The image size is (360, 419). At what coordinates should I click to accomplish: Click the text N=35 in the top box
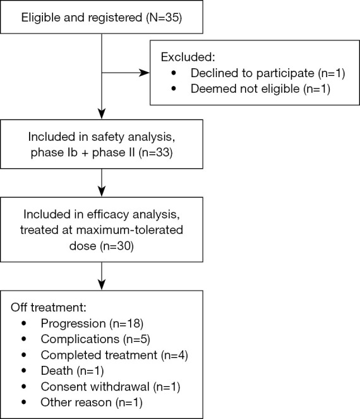click(164, 18)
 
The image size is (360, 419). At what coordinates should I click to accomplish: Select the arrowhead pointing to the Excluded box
click(145, 73)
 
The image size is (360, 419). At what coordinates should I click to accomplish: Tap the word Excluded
click(188, 57)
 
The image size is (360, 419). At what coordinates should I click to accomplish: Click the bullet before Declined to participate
click(174, 73)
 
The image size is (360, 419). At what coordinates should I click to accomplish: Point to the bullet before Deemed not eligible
click(174, 88)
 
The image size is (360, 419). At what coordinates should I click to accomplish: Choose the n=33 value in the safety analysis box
click(156, 152)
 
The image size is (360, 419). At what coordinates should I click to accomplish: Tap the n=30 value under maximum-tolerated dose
click(117, 246)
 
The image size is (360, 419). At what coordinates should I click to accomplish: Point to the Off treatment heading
click(49, 307)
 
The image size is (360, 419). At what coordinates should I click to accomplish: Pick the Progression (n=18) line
click(92, 324)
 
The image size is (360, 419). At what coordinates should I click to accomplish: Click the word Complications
click(80, 339)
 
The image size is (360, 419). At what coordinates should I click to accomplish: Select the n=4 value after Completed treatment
click(175, 355)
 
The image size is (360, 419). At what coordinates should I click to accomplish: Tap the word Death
click(57, 371)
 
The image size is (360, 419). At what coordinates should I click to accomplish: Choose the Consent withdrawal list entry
click(111, 387)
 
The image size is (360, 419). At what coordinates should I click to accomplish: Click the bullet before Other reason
click(24, 402)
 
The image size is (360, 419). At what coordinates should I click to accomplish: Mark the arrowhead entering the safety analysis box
click(102, 114)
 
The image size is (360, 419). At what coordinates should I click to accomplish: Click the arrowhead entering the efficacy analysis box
click(102, 191)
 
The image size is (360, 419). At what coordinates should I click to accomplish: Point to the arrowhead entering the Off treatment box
click(102, 284)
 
